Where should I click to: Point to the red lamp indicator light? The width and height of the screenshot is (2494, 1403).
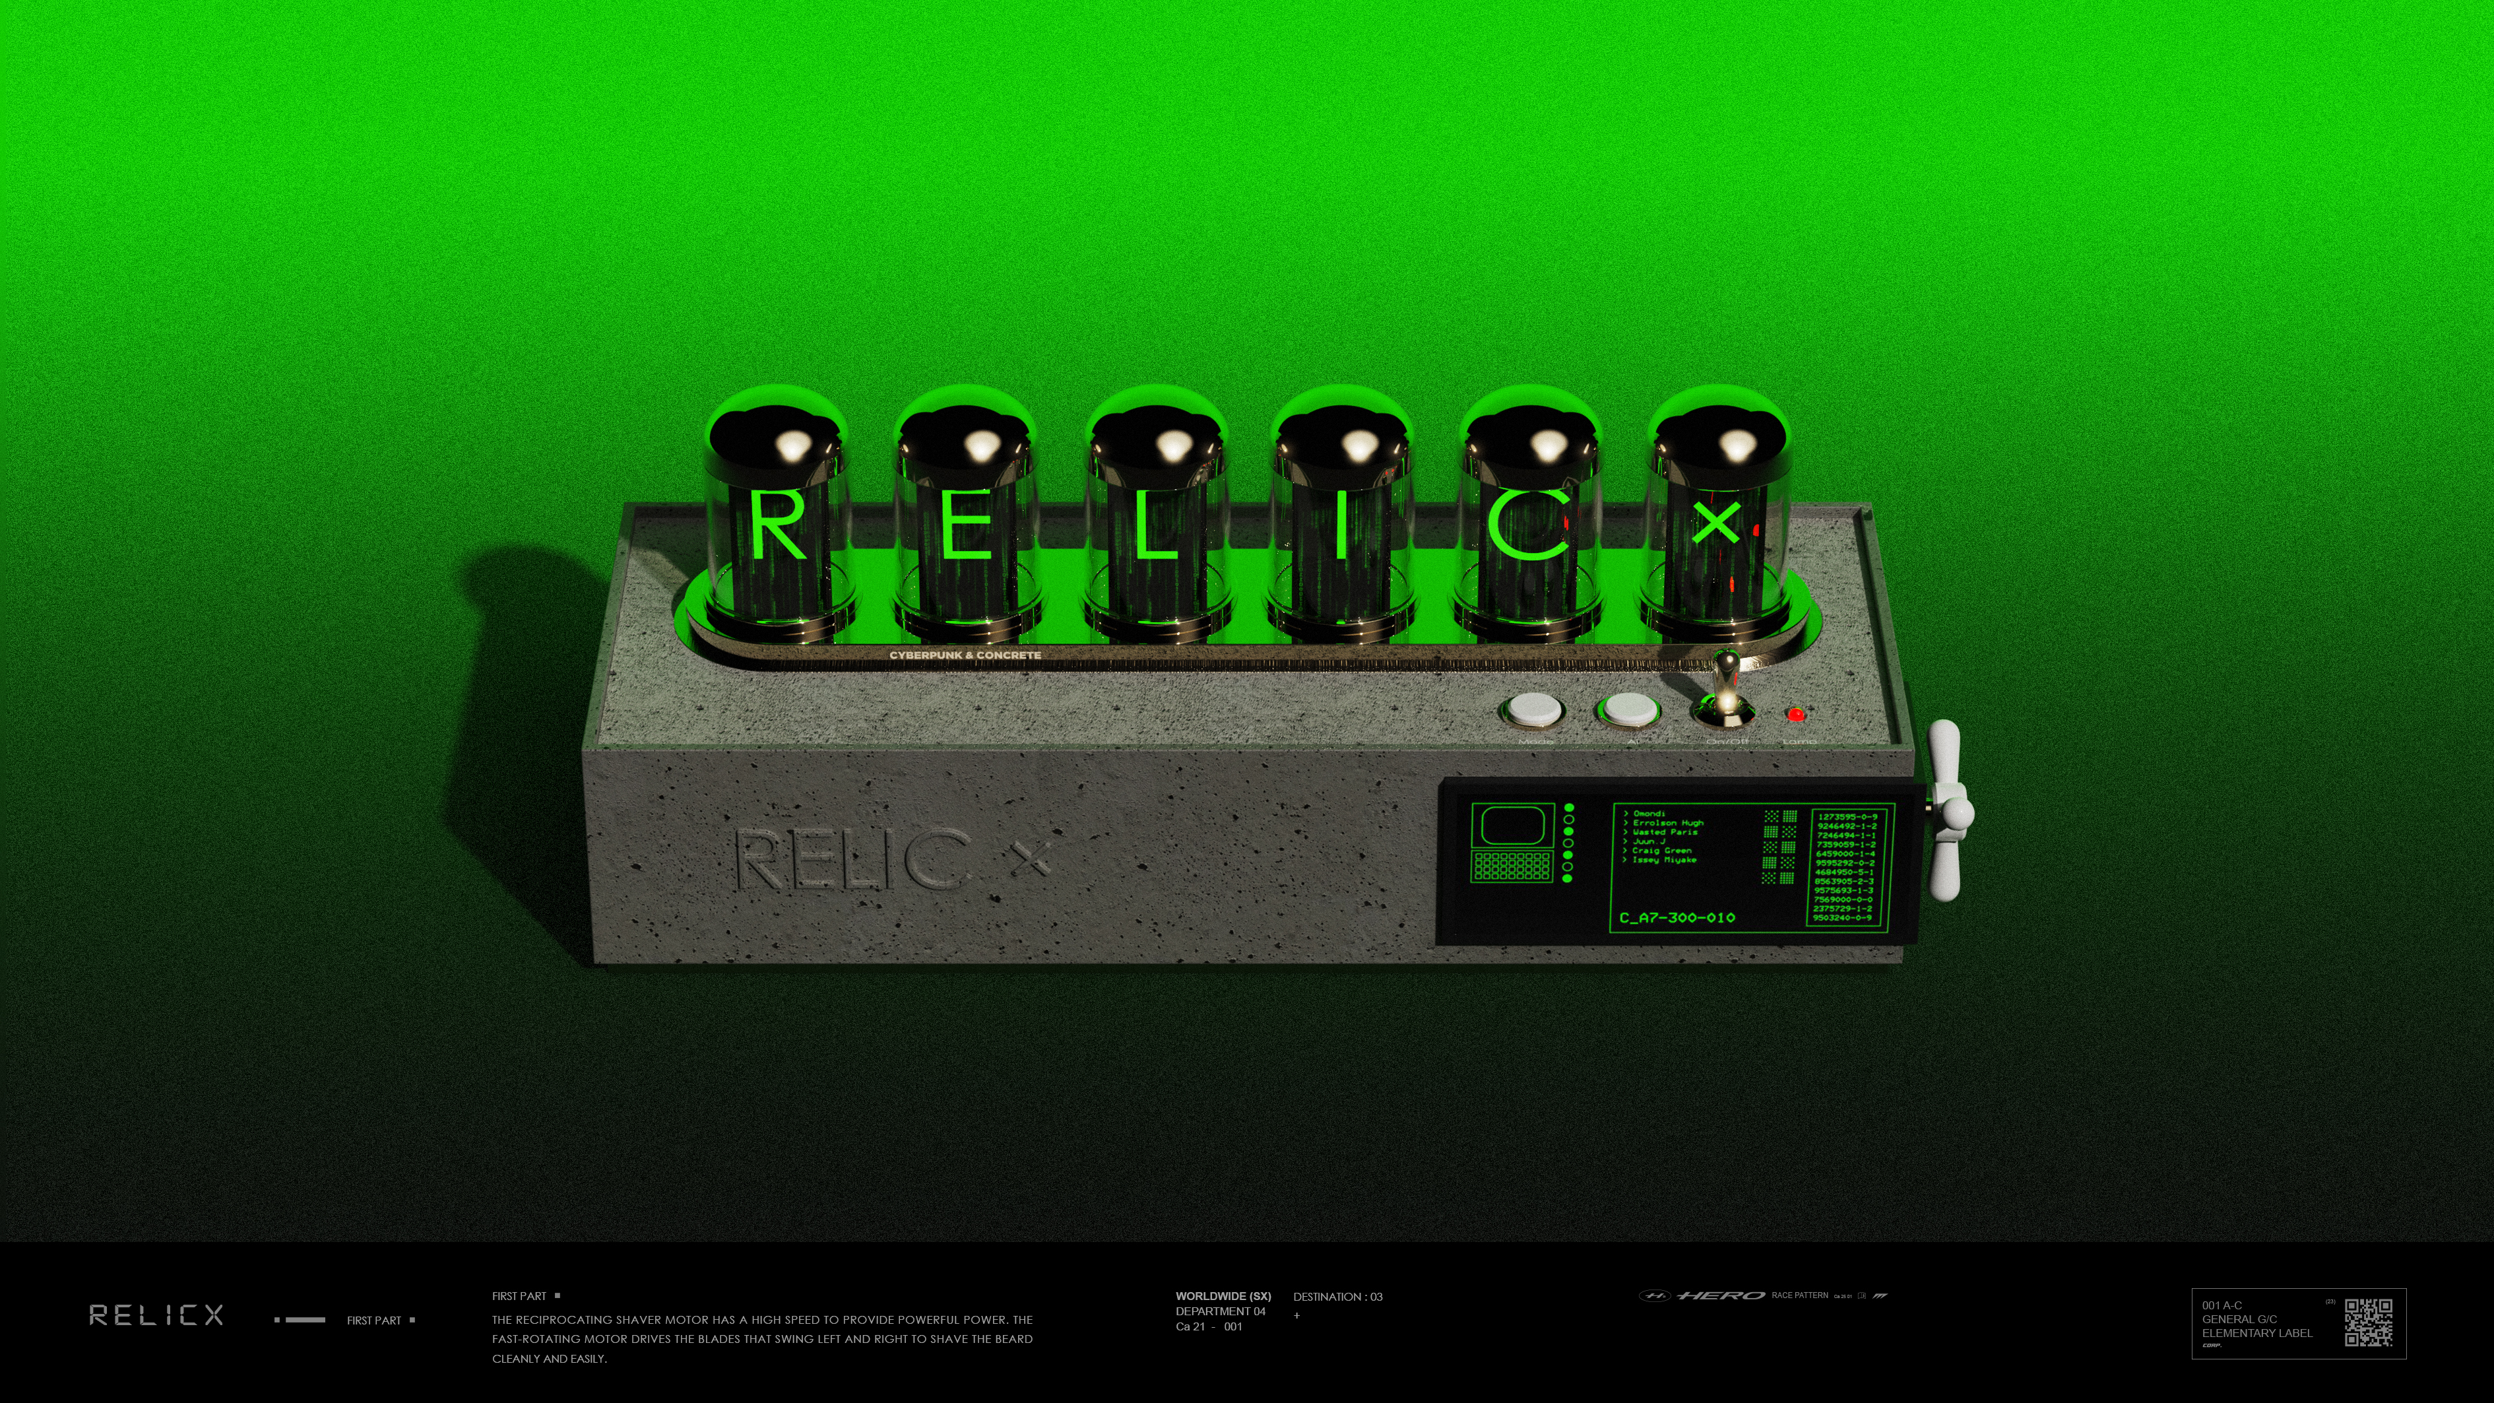pyautogui.click(x=1796, y=715)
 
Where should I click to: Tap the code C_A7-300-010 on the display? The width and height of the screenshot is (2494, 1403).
pyautogui.click(x=1677, y=917)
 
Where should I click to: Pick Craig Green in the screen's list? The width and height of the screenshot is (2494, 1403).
pyautogui.click(x=1661, y=850)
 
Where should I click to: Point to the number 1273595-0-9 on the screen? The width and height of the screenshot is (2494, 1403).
pyautogui.click(x=1846, y=817)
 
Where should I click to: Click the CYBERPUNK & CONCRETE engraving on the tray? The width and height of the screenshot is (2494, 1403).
pyautogui.click(x=965, y=655)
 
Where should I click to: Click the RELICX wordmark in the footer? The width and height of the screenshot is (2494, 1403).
pyautogui.click(x=156, y=1315)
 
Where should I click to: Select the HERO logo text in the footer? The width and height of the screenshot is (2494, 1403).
pyautogui.click(x=1721, y=1295)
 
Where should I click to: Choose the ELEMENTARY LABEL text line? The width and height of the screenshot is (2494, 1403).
pyautogui.click(x=2256, y=1333)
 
